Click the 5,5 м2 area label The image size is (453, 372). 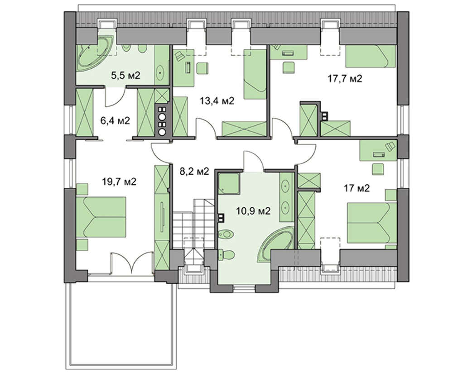pos(125,76)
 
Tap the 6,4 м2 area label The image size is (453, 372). pos(115,120)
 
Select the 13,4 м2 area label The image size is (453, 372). pos(217,101)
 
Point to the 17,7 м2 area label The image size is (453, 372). pos(345,78)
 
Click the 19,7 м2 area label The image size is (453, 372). pos(119,181)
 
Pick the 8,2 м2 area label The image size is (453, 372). pos(194,172)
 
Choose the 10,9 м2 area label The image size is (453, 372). pos(253,211)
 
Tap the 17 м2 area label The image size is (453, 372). pos(357,188)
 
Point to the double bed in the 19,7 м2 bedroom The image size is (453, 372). pos(101,216)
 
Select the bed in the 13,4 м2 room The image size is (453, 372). pos(255,74)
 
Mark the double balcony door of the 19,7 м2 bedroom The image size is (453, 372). pos(132,262)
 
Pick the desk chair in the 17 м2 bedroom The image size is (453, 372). pos(377,169)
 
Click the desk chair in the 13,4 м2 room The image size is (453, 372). pos(202,69)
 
